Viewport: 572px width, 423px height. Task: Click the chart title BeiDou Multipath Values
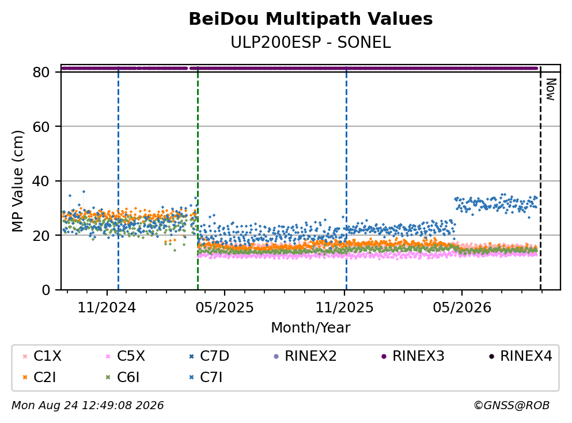click(310, 19)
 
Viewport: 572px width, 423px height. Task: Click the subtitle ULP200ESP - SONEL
click(310, 43)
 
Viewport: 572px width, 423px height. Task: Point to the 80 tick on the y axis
click(41, 72)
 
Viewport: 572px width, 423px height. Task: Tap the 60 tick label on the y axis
click(41, 127)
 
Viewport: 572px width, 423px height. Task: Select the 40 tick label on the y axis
click(41, 181)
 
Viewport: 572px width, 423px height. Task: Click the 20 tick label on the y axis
click(41, 235)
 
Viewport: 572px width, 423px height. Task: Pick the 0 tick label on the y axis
click(46, 290)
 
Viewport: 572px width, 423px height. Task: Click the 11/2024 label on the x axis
click(107, 308)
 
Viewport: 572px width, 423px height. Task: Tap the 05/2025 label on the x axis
click(224, 308)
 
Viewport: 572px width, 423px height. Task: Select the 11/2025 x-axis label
click(344, 308)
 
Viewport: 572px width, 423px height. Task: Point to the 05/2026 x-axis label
click(462, 308)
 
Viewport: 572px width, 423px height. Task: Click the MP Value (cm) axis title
click(17, 181)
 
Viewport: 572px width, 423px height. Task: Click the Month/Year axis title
click(310, 328)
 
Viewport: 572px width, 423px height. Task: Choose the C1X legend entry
click(42, 356)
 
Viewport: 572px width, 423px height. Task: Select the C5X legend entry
click(125, 356)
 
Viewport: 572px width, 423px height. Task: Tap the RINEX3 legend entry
click(413, 356)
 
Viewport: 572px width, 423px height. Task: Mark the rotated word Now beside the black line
click(551, 89)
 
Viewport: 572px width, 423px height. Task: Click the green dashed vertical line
click(198, 179)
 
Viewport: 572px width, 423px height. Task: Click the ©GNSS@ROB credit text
click(512, 405)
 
